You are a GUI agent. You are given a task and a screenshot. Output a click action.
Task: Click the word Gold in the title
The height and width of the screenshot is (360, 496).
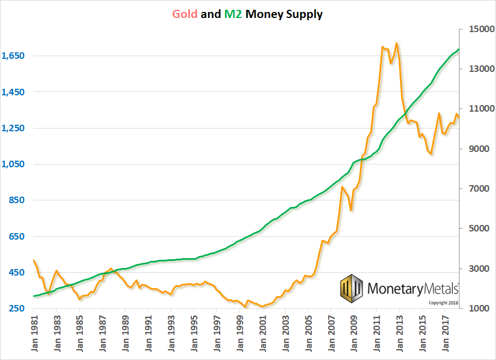click(185, 14)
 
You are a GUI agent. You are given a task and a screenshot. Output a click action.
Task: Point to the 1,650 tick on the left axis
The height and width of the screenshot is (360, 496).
click(13, 56)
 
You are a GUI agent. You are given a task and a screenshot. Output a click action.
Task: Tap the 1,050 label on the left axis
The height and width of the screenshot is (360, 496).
click(13, 164)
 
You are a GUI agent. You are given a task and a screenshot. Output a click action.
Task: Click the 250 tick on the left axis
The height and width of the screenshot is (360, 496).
click(17, 309)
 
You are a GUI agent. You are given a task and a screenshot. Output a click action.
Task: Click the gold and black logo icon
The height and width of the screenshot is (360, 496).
click(352, 288)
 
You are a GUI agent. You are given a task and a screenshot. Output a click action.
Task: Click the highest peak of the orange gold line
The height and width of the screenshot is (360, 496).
click(396, 42)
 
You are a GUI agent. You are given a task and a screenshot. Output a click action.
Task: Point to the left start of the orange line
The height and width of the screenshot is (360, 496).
click(34, 260)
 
